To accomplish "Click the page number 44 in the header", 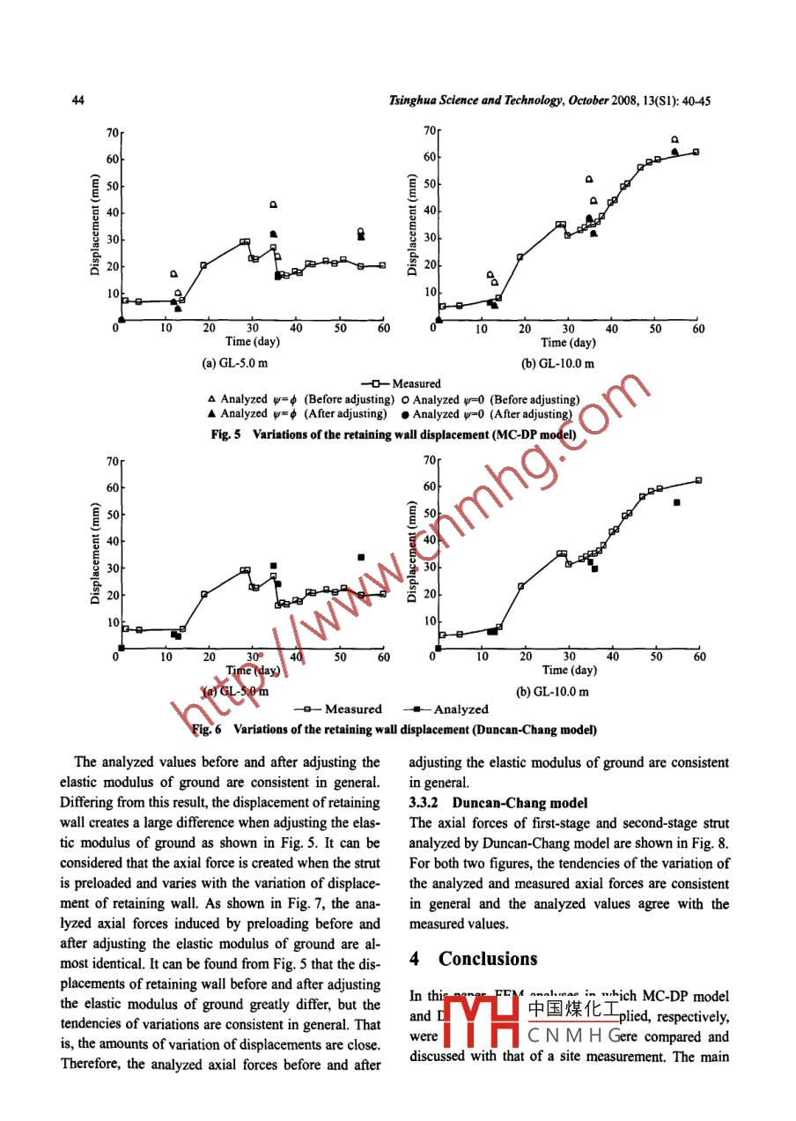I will point(77,100).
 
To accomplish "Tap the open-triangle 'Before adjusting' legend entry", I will point(299,399).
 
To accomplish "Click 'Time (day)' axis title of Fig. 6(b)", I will point(569,672).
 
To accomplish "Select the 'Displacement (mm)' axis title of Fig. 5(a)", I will point(95,226).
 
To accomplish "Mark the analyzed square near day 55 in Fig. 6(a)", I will point(361,557).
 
